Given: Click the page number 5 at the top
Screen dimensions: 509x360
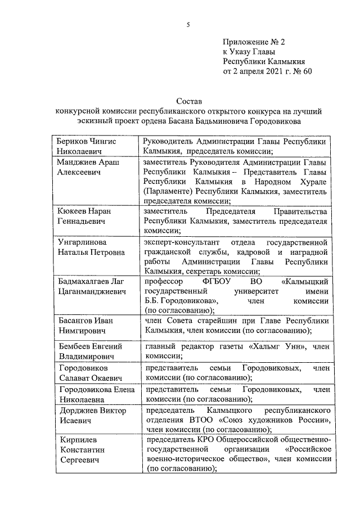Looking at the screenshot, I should (x=188, y=24).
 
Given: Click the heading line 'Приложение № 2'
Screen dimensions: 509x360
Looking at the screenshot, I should (x=254, y=42).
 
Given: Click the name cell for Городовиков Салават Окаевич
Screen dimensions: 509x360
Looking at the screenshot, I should (x=90, y=372).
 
